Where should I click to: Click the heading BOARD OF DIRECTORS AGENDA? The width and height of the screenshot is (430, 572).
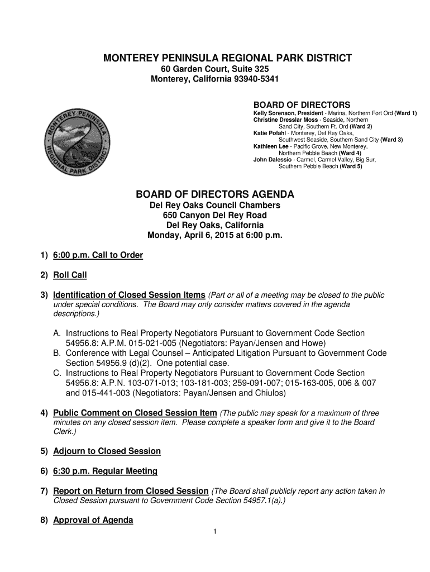click(x=215, y=194)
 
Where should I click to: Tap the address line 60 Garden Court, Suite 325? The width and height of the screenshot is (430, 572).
click(x=215, y=69)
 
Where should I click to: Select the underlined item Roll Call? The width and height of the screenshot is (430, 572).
click(x=70, y=275)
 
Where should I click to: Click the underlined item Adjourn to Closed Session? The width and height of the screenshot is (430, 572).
click(x=107, y=451)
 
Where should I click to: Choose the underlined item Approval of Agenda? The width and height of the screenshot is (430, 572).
click(x=93, y=521)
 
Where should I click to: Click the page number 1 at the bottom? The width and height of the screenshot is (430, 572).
click(x=214, y=531)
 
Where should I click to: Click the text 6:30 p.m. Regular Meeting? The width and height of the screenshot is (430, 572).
click(x=105, y=471)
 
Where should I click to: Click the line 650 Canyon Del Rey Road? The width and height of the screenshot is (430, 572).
click(x=215, y=216)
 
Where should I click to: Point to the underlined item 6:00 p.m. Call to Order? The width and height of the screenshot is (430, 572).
click(x=98, y=255)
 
